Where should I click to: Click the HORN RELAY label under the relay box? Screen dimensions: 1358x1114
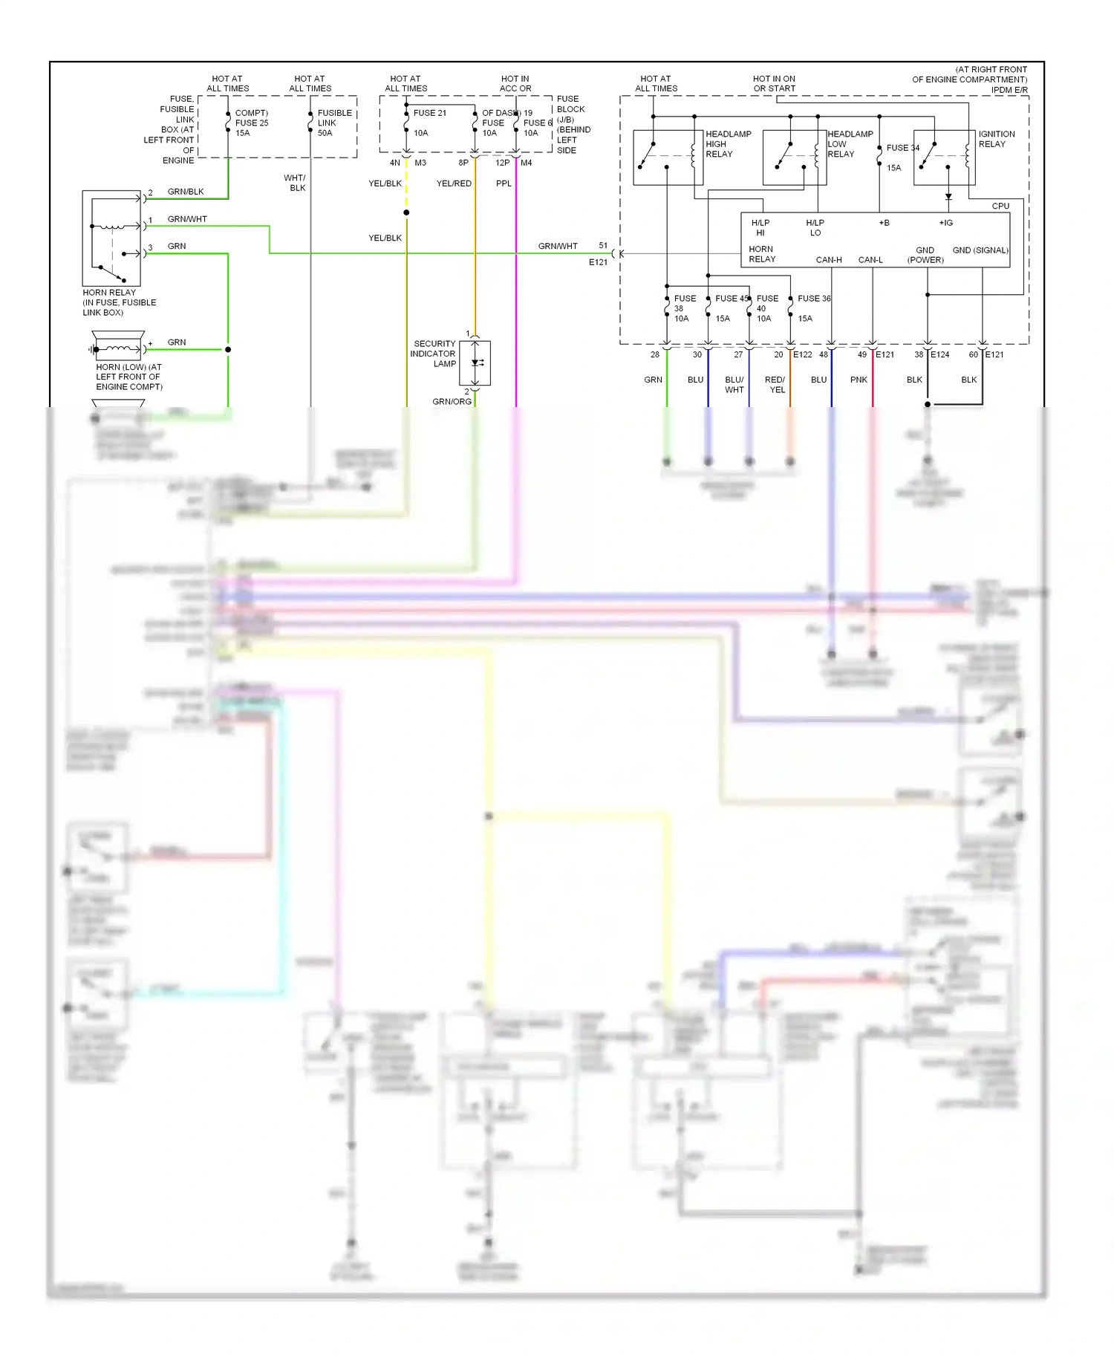pyautogui.click(x=109, y=293)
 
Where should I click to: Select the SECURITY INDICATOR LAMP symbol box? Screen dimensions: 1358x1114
pyautogui.click(x=475, y=363)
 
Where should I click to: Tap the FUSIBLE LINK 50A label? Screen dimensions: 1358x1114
pyautogui.click(x=334, y=123)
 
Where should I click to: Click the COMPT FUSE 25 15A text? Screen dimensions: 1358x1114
pyautogui.click(x=252, y=123)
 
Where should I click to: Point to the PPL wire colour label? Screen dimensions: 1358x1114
pyautogui.click(x=504, y=183)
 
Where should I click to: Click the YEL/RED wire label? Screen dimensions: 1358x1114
pyautogui.click(x=454, y=183)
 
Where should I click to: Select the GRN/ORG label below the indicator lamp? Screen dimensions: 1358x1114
pyautogui.click(x=452, y=402)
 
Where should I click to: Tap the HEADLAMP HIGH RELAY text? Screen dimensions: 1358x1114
pyautogui.click(x=728, y=144)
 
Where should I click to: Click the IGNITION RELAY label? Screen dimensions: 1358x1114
pyautogui.click(x=996, y=139)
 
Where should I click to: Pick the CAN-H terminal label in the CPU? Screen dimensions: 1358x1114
pyautogui.click(x=829, y=260)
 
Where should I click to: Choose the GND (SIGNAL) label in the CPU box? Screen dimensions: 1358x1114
pyautogui.click(x=980, y=250)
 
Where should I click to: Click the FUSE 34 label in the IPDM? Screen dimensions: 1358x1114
pyautogui.click(x=902, y=148)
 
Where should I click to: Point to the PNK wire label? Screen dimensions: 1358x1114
pyautogui.click(x=859, y=380)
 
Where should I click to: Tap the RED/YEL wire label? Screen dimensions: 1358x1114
pyautogui.click(x=775, y=385)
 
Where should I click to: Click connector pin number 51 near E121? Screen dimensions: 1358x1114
pyautogui.click(x=603, y=246)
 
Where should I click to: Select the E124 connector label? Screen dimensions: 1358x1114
pyautogui.click(x=939, y=355)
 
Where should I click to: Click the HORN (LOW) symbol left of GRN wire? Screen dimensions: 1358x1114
pyautogui.click(x=118, y=348)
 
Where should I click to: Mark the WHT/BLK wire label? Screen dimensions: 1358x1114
pyautogui.click(x=295, y=183)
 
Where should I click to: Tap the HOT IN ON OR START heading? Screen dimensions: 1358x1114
pyautogui.click(x=774, y=84)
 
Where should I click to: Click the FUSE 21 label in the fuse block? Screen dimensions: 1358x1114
pyautogui.click(x=430, y=113)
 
